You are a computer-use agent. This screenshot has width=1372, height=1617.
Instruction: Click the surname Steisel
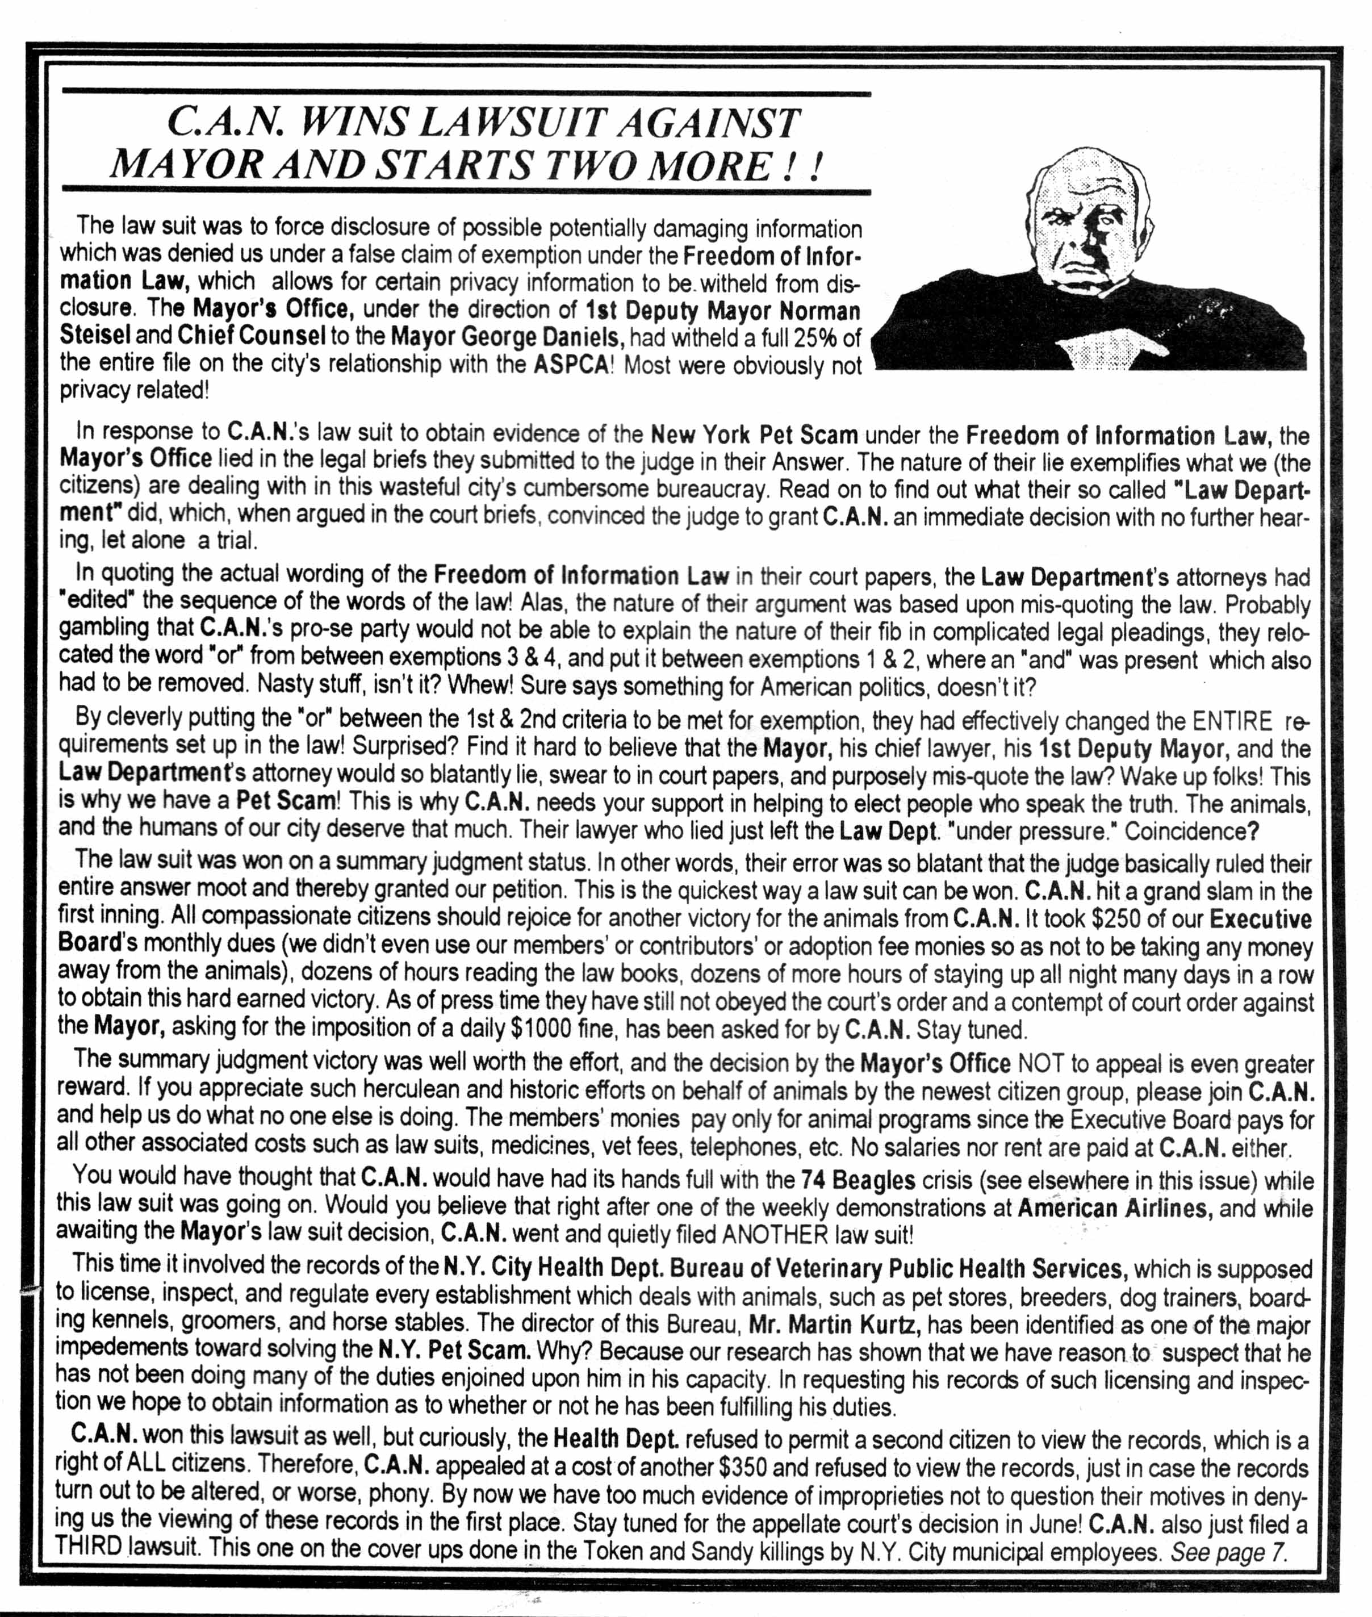pos(95,336)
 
